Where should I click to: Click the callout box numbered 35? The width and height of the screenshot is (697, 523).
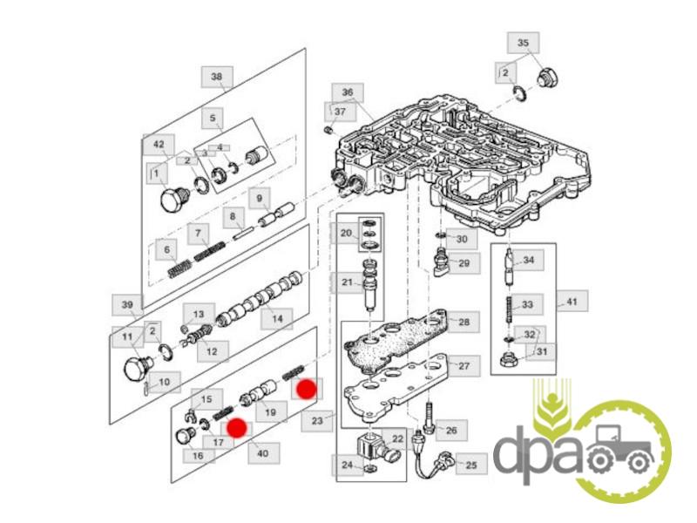[524, 43]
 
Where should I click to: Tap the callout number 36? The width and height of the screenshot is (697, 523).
[347, 92]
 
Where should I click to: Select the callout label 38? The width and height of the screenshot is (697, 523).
[216, 77]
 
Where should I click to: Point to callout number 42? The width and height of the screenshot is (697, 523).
[158, 143]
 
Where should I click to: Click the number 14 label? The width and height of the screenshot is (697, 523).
[277, 319]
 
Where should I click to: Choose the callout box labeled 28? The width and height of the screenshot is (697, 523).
[464, 323]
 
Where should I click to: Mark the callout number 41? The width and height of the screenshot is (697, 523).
[572, 302]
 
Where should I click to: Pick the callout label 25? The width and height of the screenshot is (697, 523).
[470, 465]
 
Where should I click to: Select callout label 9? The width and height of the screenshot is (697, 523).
[259, 198]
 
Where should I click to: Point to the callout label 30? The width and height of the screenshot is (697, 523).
[462, 239]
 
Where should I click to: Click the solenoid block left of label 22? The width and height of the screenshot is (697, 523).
[372, 448]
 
